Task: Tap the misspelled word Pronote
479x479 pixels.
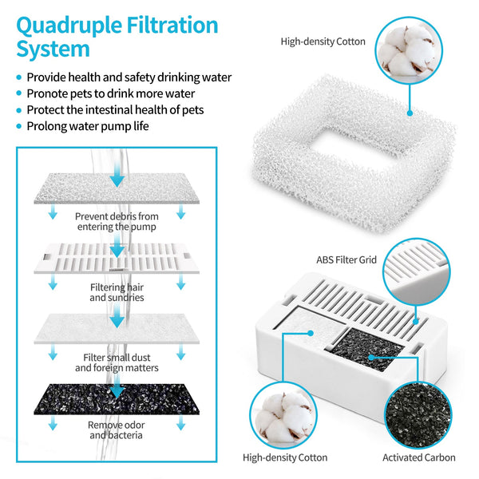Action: (49, 93)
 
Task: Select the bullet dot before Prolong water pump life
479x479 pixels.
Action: (18, 126)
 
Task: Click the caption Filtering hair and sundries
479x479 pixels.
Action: (117, 291)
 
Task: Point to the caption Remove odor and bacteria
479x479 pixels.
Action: (117, 430)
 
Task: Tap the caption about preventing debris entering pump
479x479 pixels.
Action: (117, 221)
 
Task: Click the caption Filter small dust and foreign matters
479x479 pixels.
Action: (117, 362)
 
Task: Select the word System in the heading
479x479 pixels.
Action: (53, 49)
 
